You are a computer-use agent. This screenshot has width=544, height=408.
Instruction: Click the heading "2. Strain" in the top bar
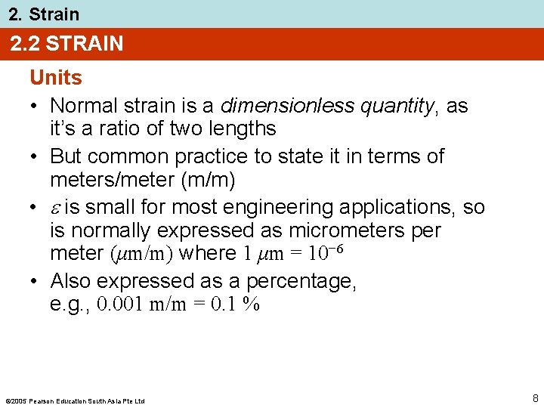(x=44, y=14)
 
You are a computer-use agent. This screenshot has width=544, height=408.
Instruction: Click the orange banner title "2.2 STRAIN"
(x=66, y=44)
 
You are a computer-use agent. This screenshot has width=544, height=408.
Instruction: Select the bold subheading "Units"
(x=56, y=78)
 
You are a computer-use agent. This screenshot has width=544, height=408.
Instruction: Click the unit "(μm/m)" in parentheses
(x=131, y=254)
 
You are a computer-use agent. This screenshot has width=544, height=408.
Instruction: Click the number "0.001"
(x=123, y=304)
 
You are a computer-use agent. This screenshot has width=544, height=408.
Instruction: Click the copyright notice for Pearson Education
(x=75, y=400)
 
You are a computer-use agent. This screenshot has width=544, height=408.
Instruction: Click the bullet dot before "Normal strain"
(x=35, y=107)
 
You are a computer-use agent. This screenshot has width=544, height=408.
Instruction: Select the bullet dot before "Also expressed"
(x=35, y=282)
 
